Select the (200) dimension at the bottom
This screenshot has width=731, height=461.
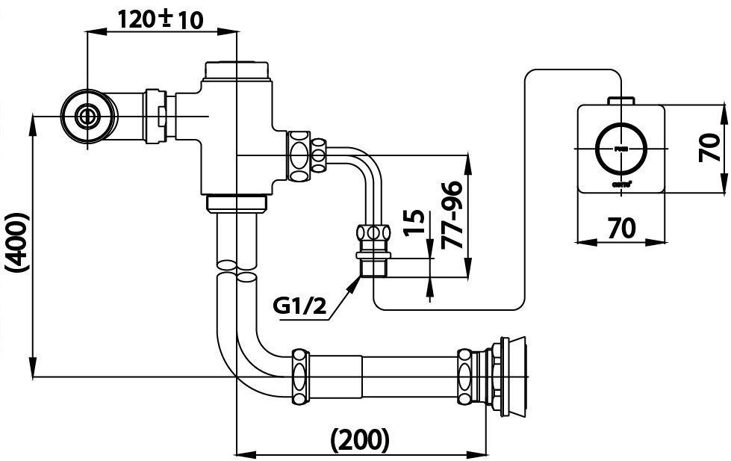pyautogui.click(x=361, y=439)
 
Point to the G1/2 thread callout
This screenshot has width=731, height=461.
pyautogui.click(x=299, y=306)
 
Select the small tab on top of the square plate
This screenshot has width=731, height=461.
pyautogui.click(x=620, y=100)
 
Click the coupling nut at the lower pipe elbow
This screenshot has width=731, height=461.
pyautogui.click(x=300, y=377)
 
